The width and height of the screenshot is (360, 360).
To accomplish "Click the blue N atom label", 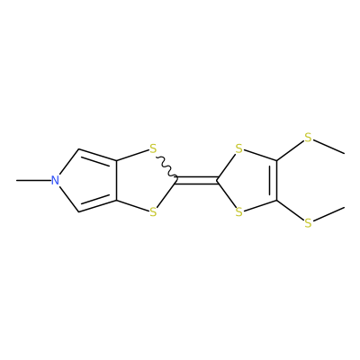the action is click(x=54, y=181).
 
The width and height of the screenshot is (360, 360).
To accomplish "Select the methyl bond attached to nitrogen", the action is click(x=33, y=181).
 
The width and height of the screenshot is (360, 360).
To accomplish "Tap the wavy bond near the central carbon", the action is click(x=166, y=167).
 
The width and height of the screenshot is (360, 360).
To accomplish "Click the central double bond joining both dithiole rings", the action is click(x=197, y=180).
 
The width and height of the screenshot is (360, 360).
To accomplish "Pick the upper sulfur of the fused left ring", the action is click(x=153, y=148).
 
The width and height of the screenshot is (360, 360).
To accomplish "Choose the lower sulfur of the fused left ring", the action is click(x=153, y=212).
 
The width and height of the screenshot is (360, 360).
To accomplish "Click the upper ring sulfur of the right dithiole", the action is click(x=238, y=148).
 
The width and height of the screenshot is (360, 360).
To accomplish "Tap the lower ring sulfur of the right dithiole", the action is click(x=238, y=212).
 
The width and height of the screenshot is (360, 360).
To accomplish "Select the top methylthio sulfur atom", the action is click(x=308, y=138).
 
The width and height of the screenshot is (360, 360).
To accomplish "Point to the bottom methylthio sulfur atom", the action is click(x=308, y=223).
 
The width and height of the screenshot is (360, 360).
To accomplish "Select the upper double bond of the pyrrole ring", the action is click(x=97, y=157).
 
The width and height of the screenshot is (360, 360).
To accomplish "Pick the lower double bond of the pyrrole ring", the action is click(x=97, y=205).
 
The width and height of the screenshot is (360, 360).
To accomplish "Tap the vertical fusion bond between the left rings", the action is click(x=117, y=181).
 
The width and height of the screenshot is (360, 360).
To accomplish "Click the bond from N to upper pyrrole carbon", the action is click(x=68, y=162).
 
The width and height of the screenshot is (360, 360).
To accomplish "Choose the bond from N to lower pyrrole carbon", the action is click(x=68, y=199).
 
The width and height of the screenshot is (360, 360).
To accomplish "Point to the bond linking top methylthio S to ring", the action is click(x=290, y=151).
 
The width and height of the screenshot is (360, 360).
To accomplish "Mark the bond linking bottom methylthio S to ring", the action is click(x=290, y=211).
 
